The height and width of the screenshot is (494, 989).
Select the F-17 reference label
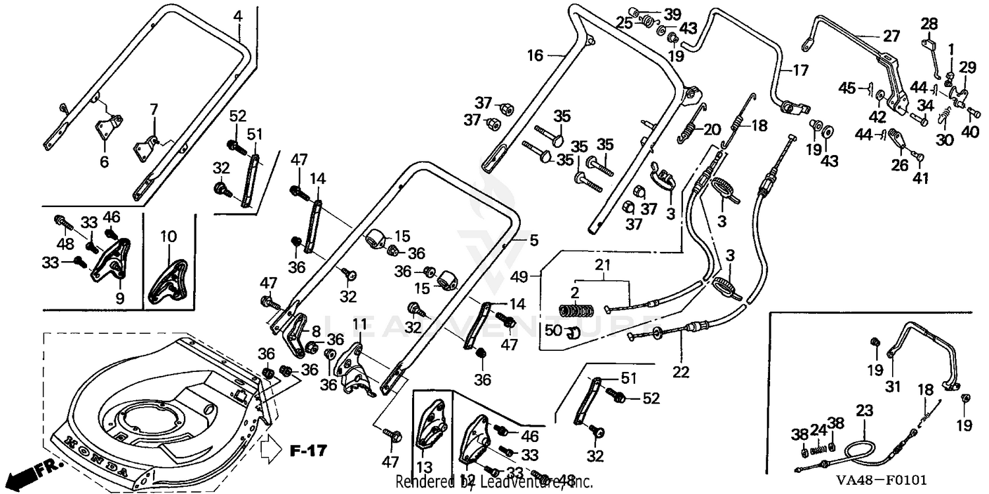click(308, 451)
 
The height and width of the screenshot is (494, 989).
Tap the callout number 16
click(535, 56)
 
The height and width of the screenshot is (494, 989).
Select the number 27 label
click(891, 37)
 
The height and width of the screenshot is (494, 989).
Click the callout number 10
click(168, 235)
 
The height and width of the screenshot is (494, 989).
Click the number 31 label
click(893, 387)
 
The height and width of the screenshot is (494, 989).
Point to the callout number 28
click(929, 24)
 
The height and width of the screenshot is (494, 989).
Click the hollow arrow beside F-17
click(271, 450)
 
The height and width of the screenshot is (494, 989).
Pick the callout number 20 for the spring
click(711, 130)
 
